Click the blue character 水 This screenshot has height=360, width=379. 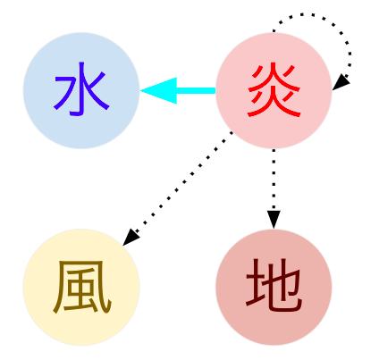click(x=81, y=88)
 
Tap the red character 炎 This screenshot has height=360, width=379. click(x=274, y=90)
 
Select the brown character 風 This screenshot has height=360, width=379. click(x=82, y=287)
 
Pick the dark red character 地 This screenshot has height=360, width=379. click(x=274, y=285)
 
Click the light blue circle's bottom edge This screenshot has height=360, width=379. click(x=81, y=148)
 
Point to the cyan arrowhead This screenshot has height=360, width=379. click(x=158, y=90)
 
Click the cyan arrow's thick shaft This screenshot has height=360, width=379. click(x=196, y=90)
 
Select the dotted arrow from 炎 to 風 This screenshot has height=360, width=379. click(x=178, y=188)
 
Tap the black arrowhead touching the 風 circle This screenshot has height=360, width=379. click(x=131, y=238)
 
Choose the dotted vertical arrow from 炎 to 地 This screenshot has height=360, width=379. click(x=274, y=188)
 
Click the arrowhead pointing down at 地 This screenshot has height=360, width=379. click(x=274, y=220)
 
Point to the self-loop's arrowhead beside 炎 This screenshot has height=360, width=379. click(x=341, y=82)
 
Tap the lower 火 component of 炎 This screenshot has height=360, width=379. click(x=274, y=103)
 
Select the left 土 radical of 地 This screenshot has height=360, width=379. click(x=256, y=284)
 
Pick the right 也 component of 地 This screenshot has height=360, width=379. click(x=283, y=286)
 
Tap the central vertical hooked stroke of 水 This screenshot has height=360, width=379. click(x=80, y=88)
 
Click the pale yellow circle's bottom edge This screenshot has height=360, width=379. click(x=81, y=345)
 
